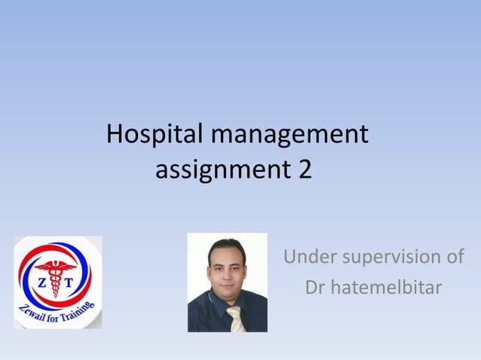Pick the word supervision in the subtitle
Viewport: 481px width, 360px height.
(396, 258)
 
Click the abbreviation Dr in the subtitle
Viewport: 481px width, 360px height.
(315, 287)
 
